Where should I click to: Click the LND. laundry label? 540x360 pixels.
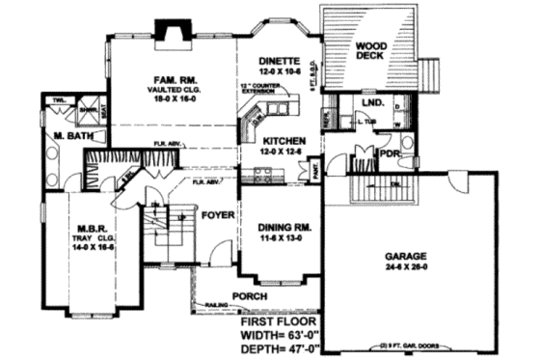[x=371, y=101]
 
